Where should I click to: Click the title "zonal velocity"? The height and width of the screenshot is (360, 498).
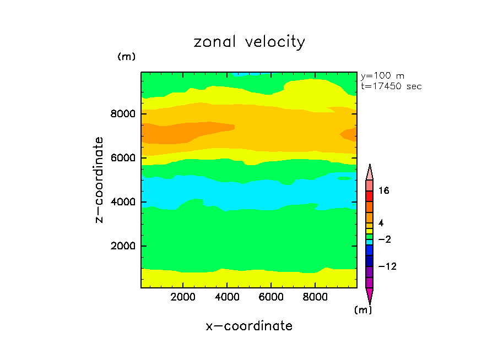tap(249, 42)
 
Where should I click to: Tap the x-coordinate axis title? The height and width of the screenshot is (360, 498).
tap(249, 326)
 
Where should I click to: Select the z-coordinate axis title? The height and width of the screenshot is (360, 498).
tap(100, 180)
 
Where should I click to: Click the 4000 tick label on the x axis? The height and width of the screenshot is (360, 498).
tap(228, 297)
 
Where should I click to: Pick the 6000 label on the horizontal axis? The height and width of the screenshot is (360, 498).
tap(271, 297)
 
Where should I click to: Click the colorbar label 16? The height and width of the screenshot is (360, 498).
tap(384, 191)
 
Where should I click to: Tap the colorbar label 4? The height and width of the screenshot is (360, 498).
tap(381, 223)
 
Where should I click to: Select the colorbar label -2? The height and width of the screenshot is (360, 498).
tap(384, 239)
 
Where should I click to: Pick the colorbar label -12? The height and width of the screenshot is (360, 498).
tap(386, 266)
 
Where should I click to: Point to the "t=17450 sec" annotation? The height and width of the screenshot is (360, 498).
tap(391, 86)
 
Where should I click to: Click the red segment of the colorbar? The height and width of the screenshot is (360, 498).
tap(370, 197)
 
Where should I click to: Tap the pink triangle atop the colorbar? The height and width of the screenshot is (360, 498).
tap(370, 171)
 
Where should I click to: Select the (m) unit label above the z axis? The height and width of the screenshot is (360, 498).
tap(126, 57)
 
